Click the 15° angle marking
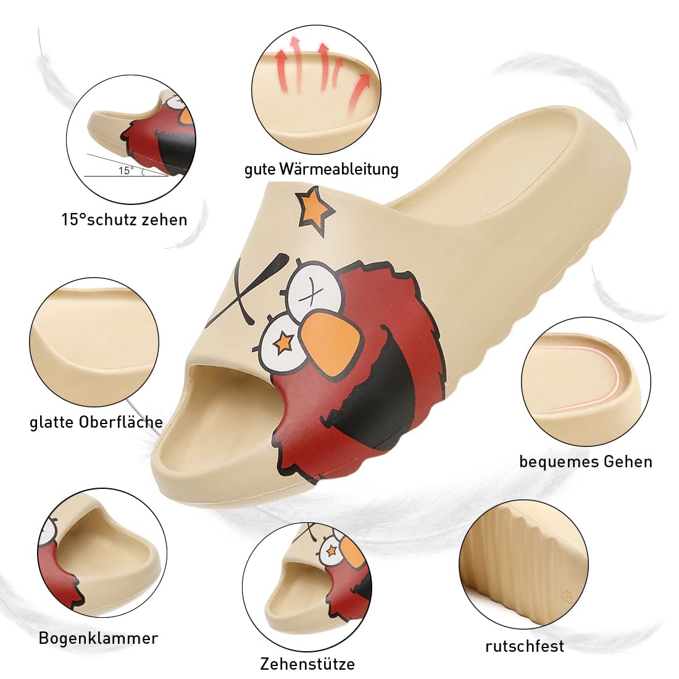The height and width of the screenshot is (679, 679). coord(126,170)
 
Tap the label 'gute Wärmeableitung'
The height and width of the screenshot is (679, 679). coord(321,169)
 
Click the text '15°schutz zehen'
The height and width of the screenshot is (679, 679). coord(124,220)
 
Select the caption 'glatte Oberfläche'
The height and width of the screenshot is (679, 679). coord(96,422)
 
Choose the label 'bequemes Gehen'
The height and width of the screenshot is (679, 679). coord(585,461)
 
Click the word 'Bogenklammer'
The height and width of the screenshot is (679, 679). coord(98,638)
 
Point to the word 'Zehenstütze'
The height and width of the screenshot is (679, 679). coord(307,664)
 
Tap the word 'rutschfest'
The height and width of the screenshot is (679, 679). coord(524,646)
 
